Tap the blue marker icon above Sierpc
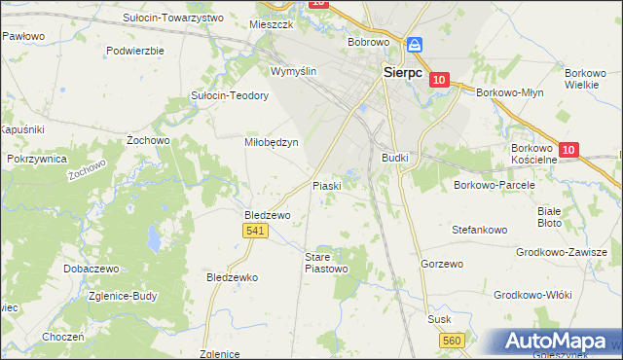point(415,45)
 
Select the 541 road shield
point(255,230)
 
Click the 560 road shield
point(452,340)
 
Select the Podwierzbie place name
point(135,50)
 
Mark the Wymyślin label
point(294,72)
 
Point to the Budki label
point(395,157)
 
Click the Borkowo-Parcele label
point(490,183)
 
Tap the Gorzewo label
point(442,264)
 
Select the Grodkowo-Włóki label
point(532,295)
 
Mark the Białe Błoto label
point(550,216)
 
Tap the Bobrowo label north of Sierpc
point(369,43)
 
